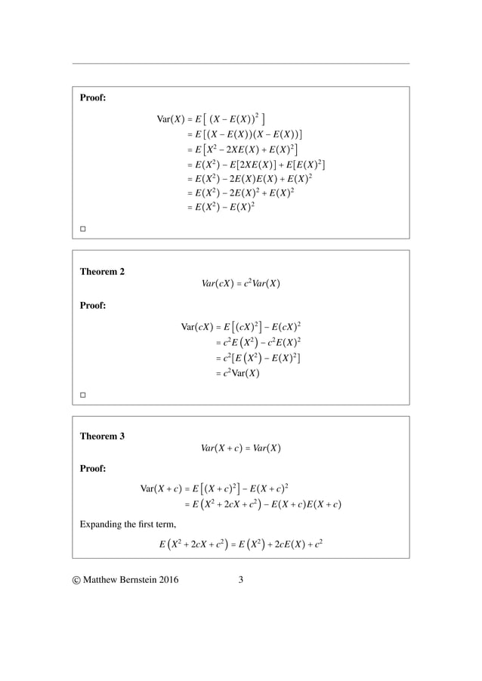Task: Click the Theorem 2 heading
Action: [103, 272]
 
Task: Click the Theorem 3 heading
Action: [103, 436]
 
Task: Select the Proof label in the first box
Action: [93, 97]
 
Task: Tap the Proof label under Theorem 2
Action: [93, 306]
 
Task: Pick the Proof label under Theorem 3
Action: [93, 469]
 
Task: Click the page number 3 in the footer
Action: [240, 581]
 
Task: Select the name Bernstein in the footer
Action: [148, 581]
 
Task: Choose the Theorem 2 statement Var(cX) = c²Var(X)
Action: [241, 284]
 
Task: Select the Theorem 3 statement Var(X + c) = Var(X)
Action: [241, 448]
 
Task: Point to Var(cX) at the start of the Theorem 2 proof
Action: [196, 327]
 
